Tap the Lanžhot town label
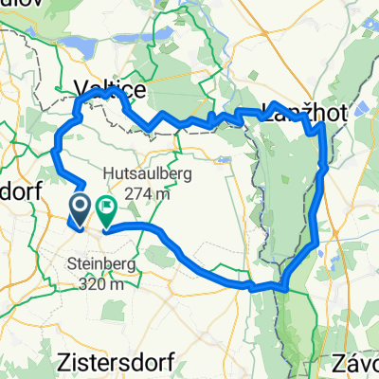(305, 112)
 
